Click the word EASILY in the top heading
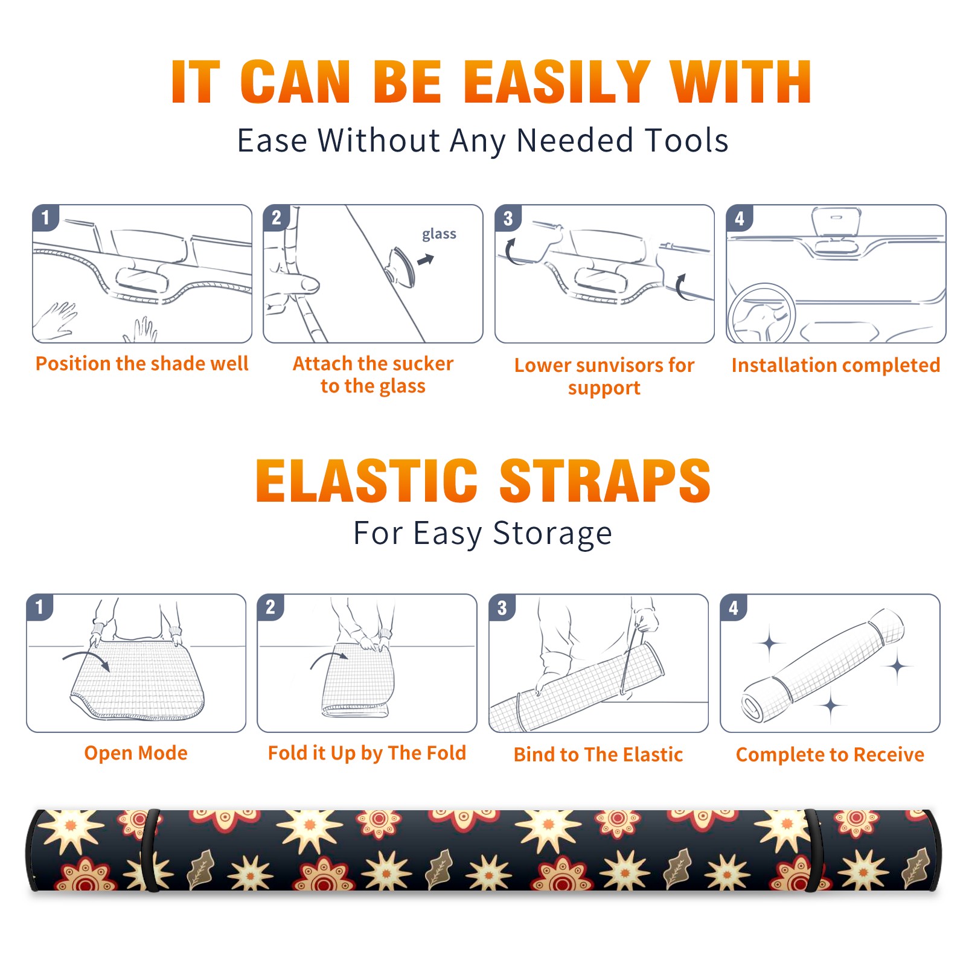point(557,82)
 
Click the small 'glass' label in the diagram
point(439,234)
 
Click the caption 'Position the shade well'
point(142,363)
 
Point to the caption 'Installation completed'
point(836,365)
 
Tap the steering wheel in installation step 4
point(761,313)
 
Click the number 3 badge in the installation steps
point(508,218)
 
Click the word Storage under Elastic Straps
point(552,534)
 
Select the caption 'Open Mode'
point(136,753)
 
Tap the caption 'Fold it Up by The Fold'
point(367,753)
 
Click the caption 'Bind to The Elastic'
point(598,755)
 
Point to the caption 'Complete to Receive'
point(830,755)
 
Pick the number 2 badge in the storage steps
point(270,607)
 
